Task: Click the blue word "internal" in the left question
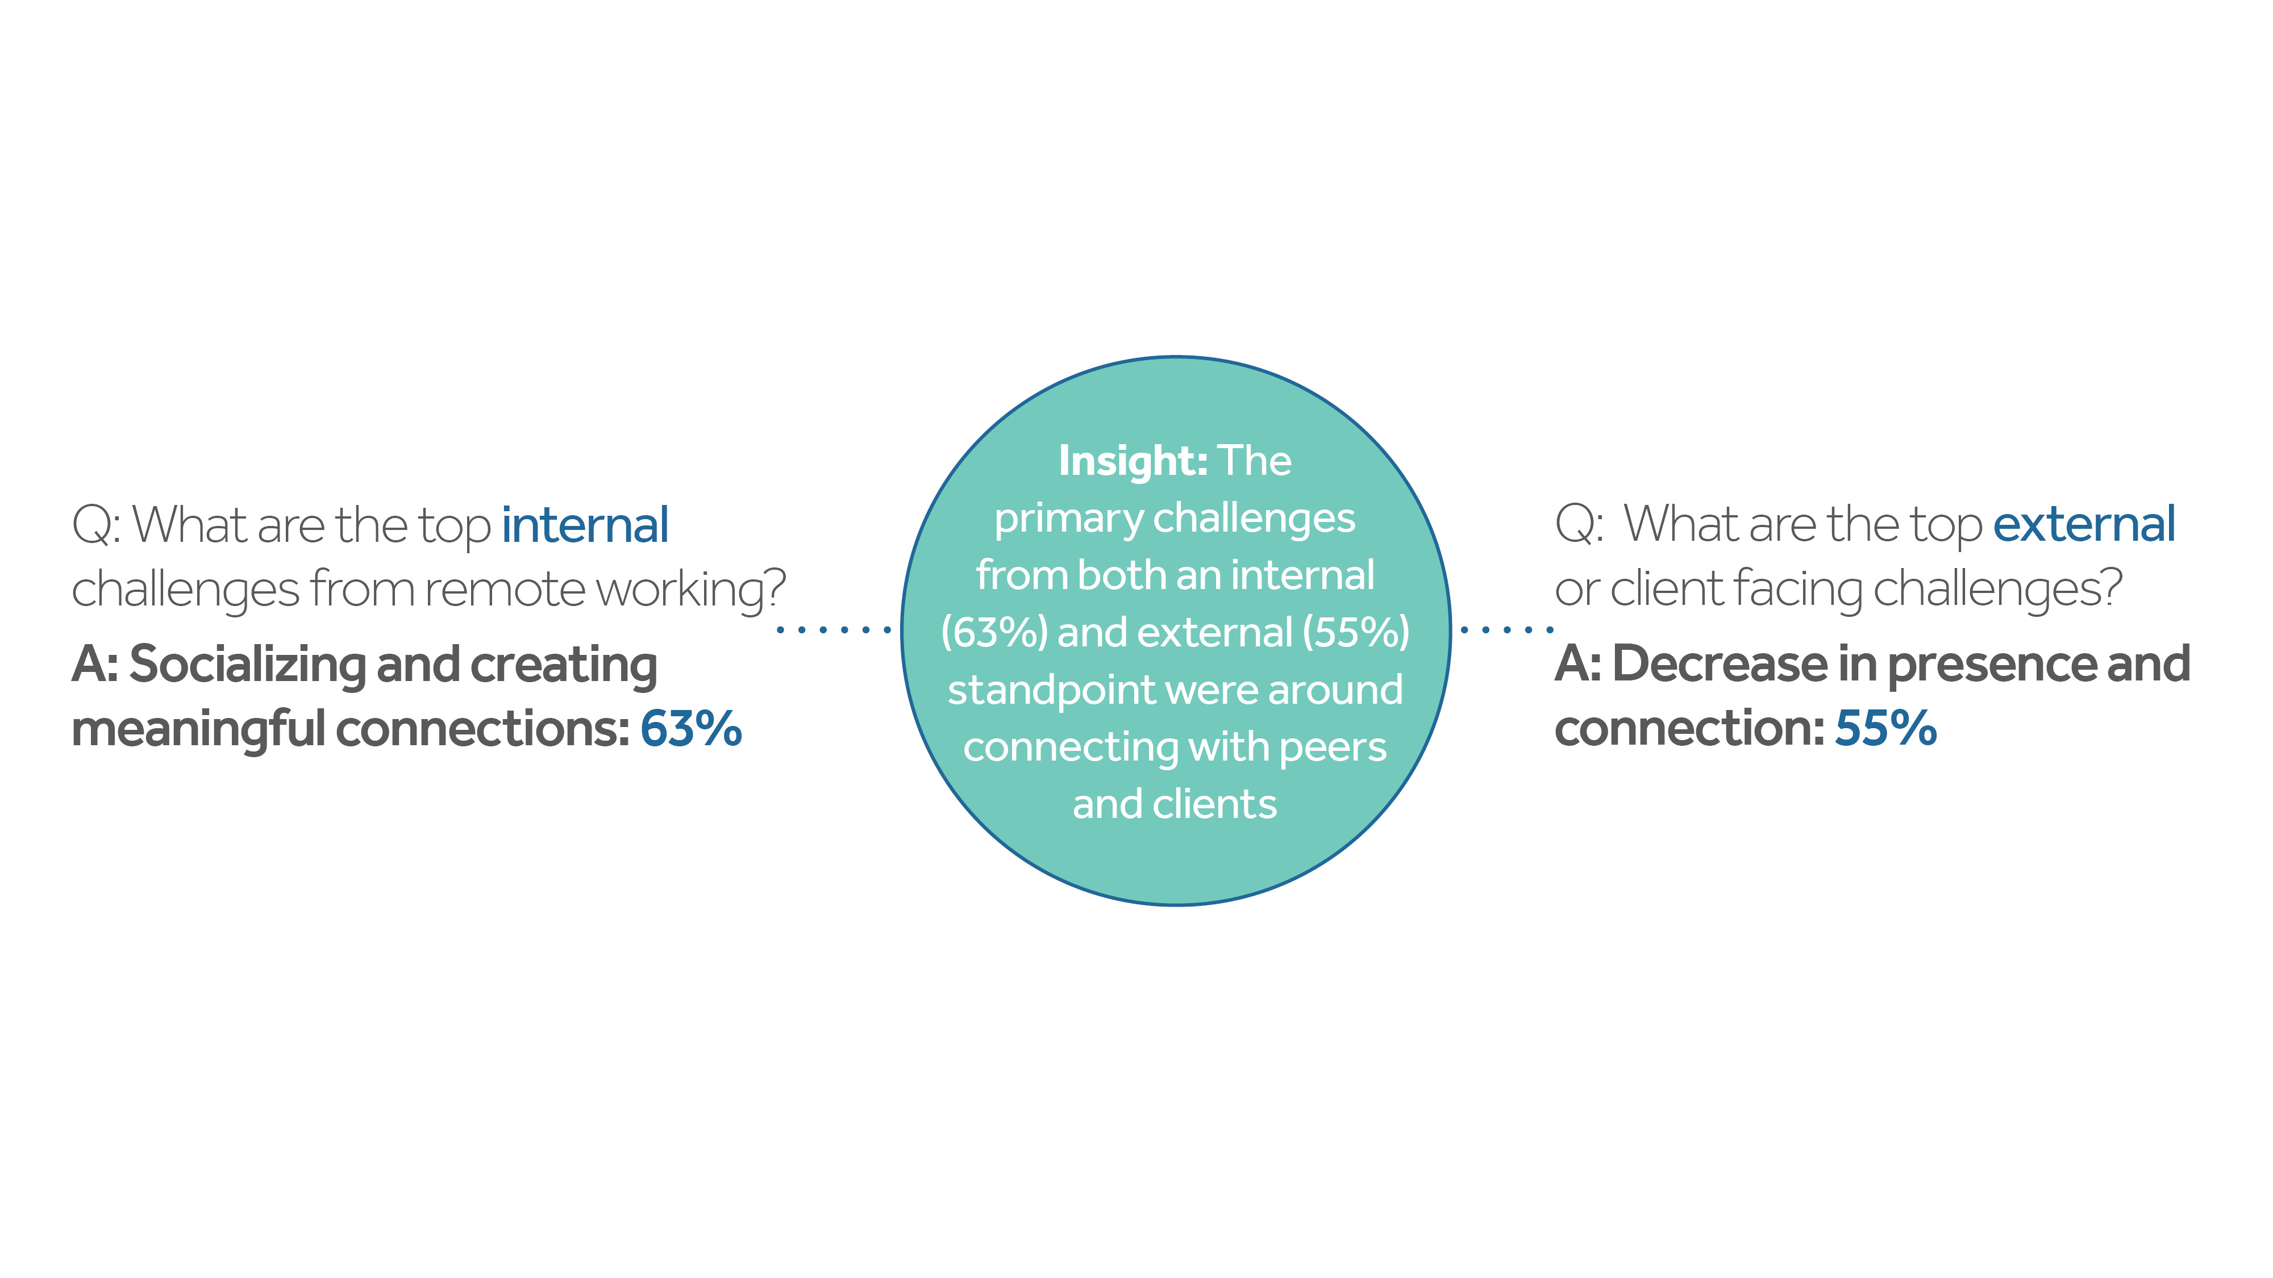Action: pos(585,525)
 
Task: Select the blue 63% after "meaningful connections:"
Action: pos(691,729)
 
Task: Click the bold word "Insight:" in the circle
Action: pos(1133,461)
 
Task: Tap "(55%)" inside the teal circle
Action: pos(1356,632)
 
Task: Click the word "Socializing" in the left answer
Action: pos(247,666)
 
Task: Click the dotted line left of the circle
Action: pos(834,630)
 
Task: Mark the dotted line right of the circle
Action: pos(1507,630)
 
